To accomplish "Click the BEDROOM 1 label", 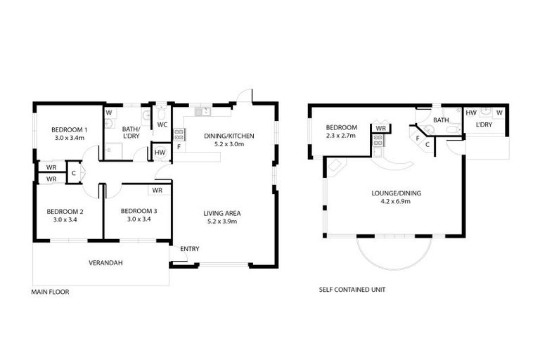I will pyautogui.click(x=69, y=129).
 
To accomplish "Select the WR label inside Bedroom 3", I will pyautogui.click(x=157, y=190).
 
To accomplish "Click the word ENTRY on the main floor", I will pyautogui.click(x=189, y=249).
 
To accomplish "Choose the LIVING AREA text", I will pyautogui.click(x=224, y=213).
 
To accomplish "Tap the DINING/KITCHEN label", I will pyautogui.click(x=229, y=136).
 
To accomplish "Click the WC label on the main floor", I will pyautogui.click(x=162, y=124).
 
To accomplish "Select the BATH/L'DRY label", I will pyautogui.click(x=131, y=133).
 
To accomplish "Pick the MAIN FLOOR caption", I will pyautogui.click(x=50, y=290).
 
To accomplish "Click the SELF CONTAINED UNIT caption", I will pyautogui.click(x=352, y=289).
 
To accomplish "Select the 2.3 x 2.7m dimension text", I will pyautogui.click(x=341, y=135).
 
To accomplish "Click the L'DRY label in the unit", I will pyautogui.click(x=483, y=124).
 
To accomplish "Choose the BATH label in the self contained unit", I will pyautogui.click(x=441, y=120).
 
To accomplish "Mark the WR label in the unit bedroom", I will pyautogui.click(x=380, y=129).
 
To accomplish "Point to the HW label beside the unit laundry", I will pyautogui.click(x=471, y=112).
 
